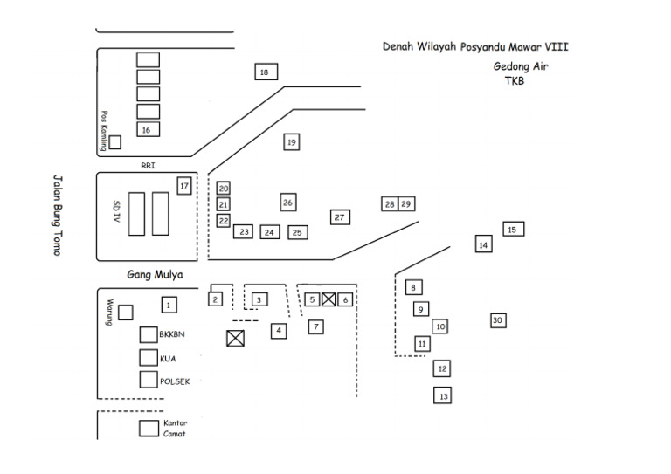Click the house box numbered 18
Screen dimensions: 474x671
pyautogui.click(x=266, y=72)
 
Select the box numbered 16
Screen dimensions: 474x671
pyautogui.click(x=148, y=129)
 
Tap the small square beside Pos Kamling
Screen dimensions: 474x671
pyautogui.click(x=114, y=142)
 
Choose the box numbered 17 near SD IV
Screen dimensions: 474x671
pyautogui.click(x=183, y=185)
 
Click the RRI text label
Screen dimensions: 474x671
pyautogui.click(x=147, y=164)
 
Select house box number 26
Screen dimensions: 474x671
pyautogui.click(x=288, y=202)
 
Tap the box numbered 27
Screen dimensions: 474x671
pyautogui.click(x=340, y=216)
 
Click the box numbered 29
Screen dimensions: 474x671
pyautogui.click(x=406, y=203)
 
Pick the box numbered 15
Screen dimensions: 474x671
pyautogui.click(x=513, y=230)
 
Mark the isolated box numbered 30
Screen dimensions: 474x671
pyautogui.click(x=498, y=320)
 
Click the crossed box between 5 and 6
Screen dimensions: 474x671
pyautogui.click(x=329, y=299)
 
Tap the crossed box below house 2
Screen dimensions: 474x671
pyautogui.click(x=235, y=339)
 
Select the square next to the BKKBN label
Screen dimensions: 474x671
pyautogui.click(x=149, y=334)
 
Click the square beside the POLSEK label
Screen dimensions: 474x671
pyautogui.click(x=149, y=380)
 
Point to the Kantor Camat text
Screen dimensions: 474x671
pyautogui.click(x=175, y=428)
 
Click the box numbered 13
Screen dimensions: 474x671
pyautogui.click(x=444, y=395)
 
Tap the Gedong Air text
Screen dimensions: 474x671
pyautogui.click(x=521, y=66)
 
